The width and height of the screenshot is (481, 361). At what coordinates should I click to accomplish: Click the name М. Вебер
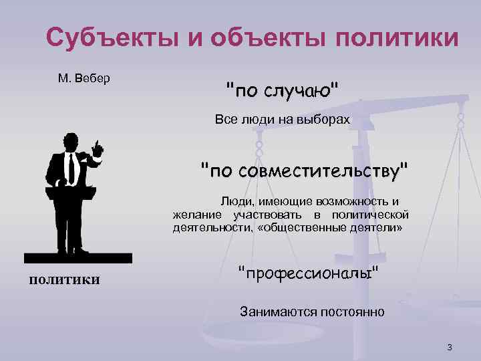[x=84, y=78]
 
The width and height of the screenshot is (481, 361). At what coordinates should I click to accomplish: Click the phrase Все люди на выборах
[x=282, y=120]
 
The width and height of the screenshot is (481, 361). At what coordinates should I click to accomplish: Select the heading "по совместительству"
[x=305, y=170]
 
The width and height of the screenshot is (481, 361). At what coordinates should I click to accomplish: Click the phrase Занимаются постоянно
[x=312, y=312]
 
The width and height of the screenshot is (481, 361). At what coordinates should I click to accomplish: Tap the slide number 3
[x=450, y=347]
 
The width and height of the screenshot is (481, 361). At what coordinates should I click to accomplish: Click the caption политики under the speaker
[x=64, y=279]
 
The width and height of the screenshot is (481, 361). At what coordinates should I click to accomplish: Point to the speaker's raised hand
[x=97, y=148]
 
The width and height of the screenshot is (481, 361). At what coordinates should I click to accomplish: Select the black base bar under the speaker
[x=77, y=258]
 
